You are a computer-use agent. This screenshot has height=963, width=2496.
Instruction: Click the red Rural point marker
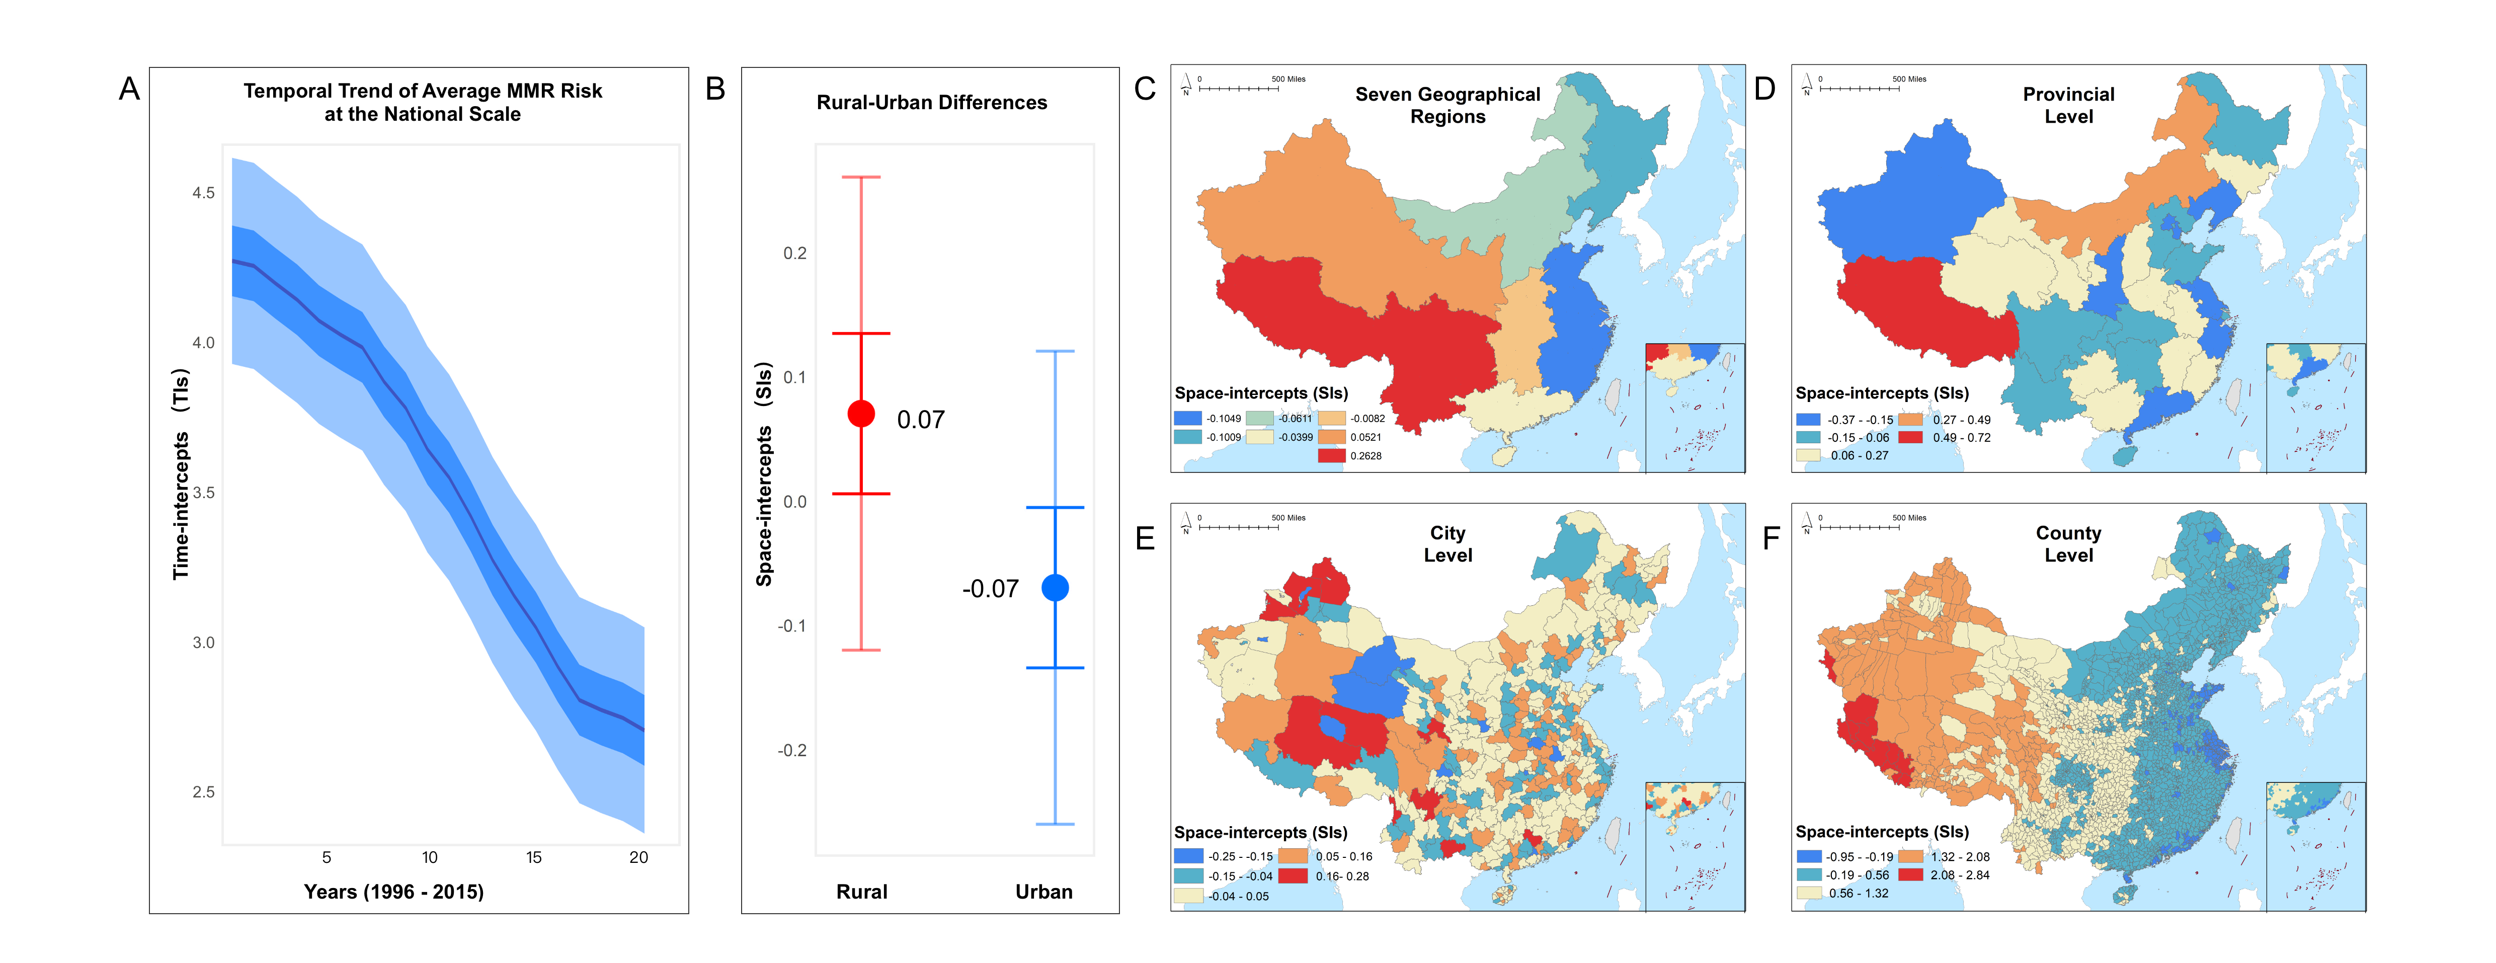(x=861, y=414)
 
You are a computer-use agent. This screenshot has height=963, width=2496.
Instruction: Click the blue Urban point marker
(x=1055, y=587)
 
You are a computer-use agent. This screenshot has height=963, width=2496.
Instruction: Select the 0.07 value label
(x=921, y=420)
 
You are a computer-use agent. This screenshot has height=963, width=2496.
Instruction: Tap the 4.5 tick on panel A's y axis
(x=203, y=193)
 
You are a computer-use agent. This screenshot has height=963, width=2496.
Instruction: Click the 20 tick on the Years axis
(x=638, y=857)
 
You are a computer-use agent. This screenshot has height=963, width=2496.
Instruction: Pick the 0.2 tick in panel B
(x=794, y=253)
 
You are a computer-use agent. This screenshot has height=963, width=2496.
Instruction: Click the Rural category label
(x=861, y=892)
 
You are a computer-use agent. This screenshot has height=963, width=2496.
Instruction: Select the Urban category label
(x=1043, y=892)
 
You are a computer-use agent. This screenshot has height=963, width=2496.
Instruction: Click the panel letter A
(x=129, y=89)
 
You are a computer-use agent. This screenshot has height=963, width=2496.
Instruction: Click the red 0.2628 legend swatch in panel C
(x=1331, y=455)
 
